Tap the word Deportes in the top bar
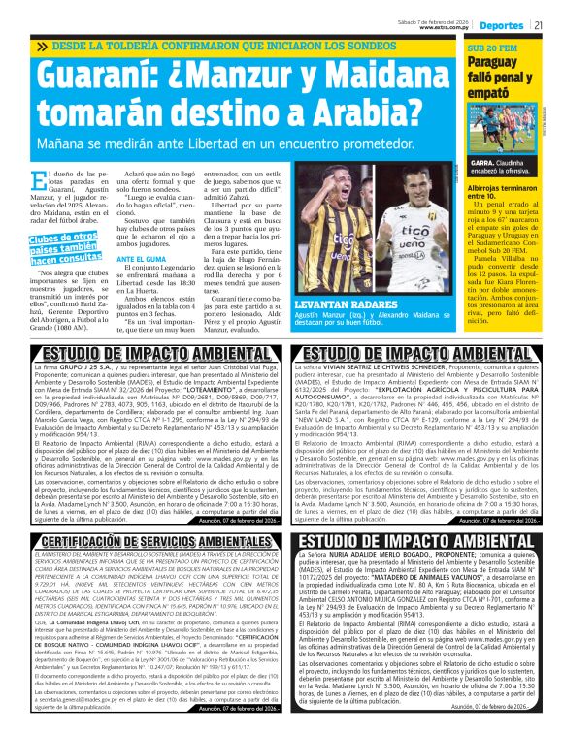coord(502,24)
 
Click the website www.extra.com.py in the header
coord(446,27)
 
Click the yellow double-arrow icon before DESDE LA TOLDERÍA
coord(40,47)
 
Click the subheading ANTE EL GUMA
coord(138,259)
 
